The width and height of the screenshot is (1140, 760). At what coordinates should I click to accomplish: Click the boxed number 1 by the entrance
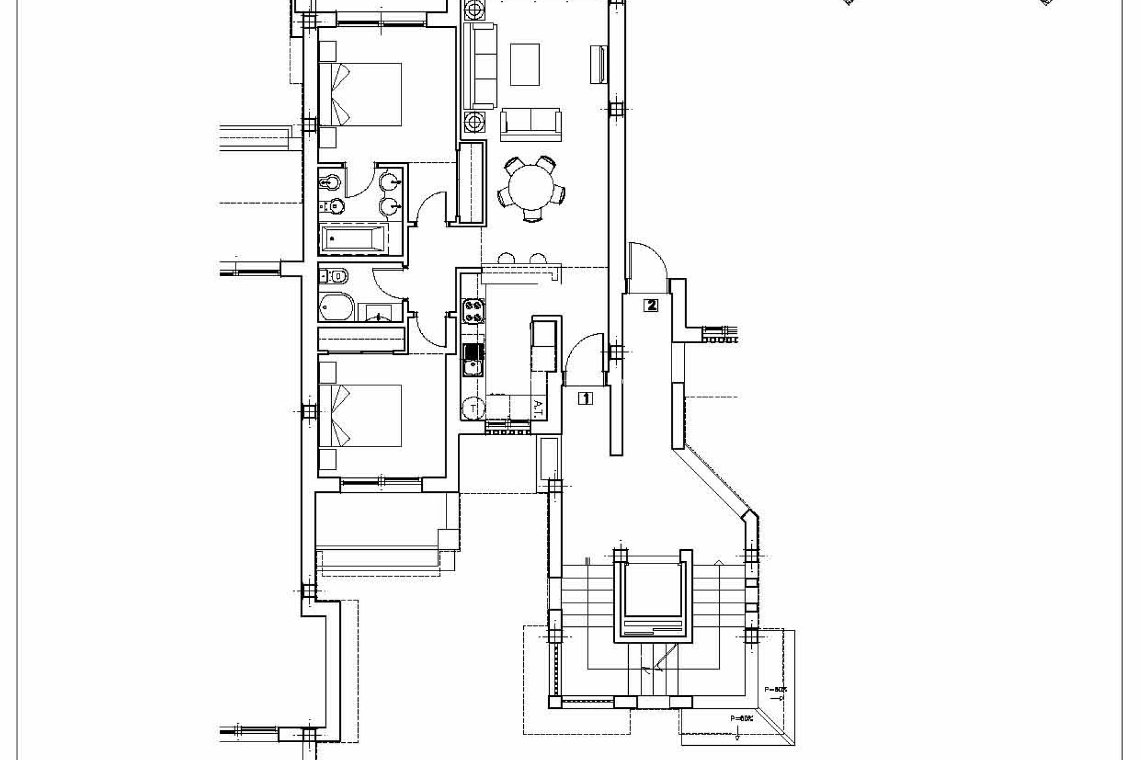tap(585, 398)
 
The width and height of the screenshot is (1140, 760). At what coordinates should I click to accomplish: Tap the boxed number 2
tap(651, 306)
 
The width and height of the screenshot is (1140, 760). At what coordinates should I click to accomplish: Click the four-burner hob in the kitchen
tap(473, 311)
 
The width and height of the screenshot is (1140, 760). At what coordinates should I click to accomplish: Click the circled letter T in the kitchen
tap(473, 408)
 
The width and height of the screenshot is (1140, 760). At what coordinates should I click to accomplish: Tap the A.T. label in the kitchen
tap(538, 408)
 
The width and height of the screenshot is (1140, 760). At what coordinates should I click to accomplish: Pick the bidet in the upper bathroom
tap(330, 180)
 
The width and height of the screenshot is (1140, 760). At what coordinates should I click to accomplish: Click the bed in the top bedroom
tap(360, 94)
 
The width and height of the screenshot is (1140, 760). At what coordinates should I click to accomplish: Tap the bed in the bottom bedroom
tap(360, 416)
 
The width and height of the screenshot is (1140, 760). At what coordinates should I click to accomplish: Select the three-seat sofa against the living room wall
tap(479, 65)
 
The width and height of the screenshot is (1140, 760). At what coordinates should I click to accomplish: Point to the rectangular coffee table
tap(525, 64)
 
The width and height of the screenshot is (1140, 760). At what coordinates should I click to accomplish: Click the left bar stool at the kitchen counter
tap(506, 259)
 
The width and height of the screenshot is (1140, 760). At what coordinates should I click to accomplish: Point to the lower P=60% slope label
tap(742, 718)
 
